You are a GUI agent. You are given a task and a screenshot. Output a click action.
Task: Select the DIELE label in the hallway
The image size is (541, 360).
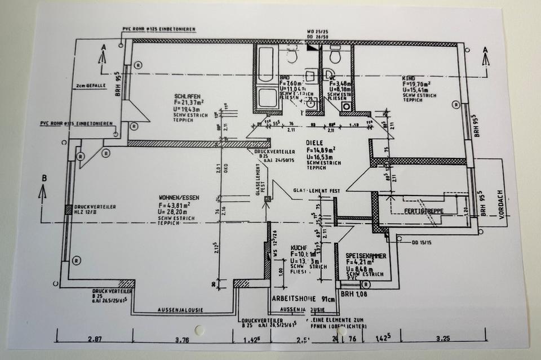(316, 143)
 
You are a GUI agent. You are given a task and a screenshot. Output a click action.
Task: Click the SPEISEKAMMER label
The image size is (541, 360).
(366, 255)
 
